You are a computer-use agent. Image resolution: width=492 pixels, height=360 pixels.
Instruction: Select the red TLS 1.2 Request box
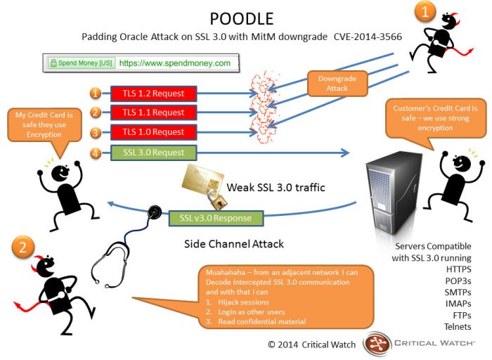(x=154, y=94)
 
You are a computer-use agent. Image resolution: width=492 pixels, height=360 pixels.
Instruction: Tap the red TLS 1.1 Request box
(x=154, y=112)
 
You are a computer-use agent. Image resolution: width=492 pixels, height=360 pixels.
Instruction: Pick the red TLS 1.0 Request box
(x=154, y=132)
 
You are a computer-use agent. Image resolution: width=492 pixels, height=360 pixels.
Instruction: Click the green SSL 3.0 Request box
(x=154, y=152)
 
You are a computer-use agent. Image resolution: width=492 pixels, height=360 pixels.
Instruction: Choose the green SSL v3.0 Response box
(x=215, y=218)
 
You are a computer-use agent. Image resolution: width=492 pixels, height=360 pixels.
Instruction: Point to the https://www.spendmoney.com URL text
(x=175, y=63)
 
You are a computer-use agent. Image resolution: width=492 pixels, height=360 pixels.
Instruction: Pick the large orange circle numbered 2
(x=22, y=247)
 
